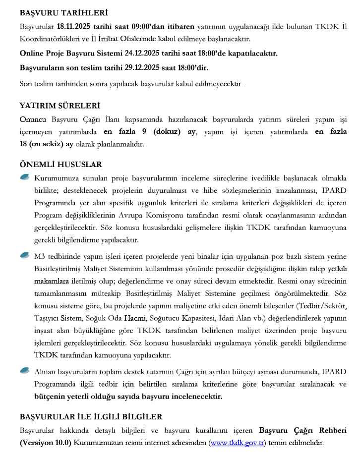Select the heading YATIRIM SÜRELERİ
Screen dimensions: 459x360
[60, 106]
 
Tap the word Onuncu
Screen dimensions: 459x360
[33, 120]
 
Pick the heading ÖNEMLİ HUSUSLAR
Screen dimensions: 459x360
[60, 165]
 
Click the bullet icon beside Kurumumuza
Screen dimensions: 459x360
[25, 177]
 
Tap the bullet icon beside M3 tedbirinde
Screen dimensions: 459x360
[25, 255]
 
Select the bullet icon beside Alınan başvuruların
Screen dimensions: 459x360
[25, 370]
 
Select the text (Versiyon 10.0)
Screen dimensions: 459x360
[46, 443]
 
